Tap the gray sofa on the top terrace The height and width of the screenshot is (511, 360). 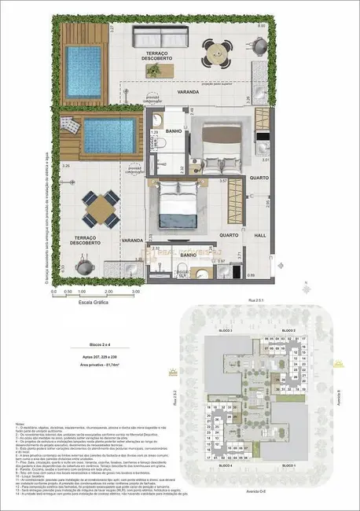coord(162,36)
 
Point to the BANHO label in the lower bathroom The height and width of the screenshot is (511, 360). coord(189,255)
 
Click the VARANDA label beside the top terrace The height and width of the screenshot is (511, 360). coord(188,92)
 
